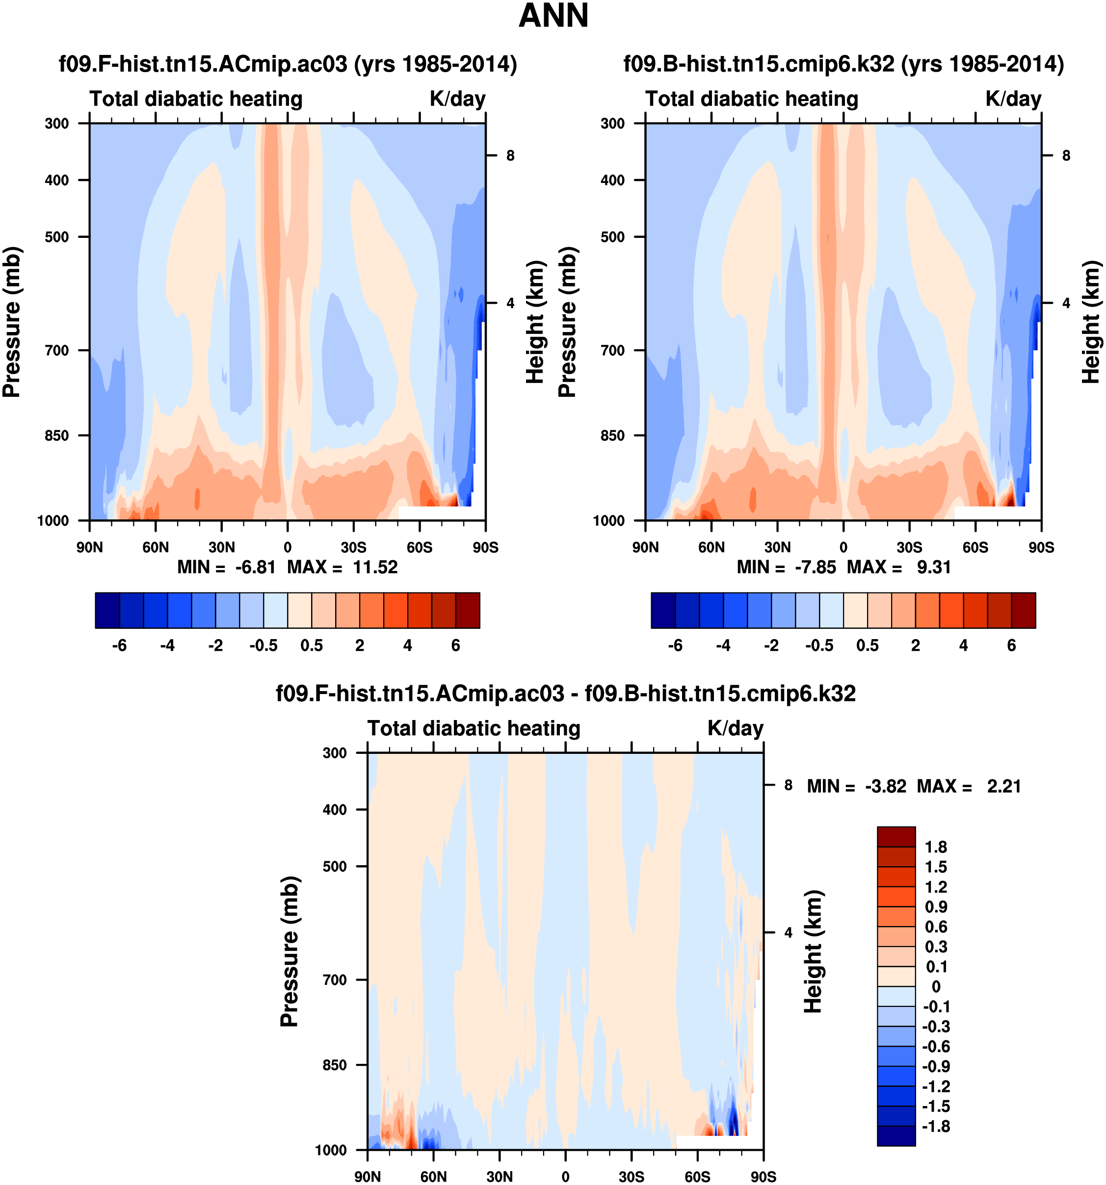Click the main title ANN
click(553, 16)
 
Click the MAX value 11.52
click(374, 567)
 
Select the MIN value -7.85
click(815, 567)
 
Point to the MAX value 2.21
click(1003, 786)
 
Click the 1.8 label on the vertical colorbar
click(935, 847)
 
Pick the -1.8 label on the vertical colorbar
click(935, 1126)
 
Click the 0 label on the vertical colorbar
click(935, 986)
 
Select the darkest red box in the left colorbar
click(468, 610)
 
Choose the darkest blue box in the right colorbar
click(663, 610)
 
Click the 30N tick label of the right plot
click(777, 547)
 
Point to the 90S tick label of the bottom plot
click(763, 1177)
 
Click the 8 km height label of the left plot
click(510, 155)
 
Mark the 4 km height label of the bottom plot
click(788, 933)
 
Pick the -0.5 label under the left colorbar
click(263, 645)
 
